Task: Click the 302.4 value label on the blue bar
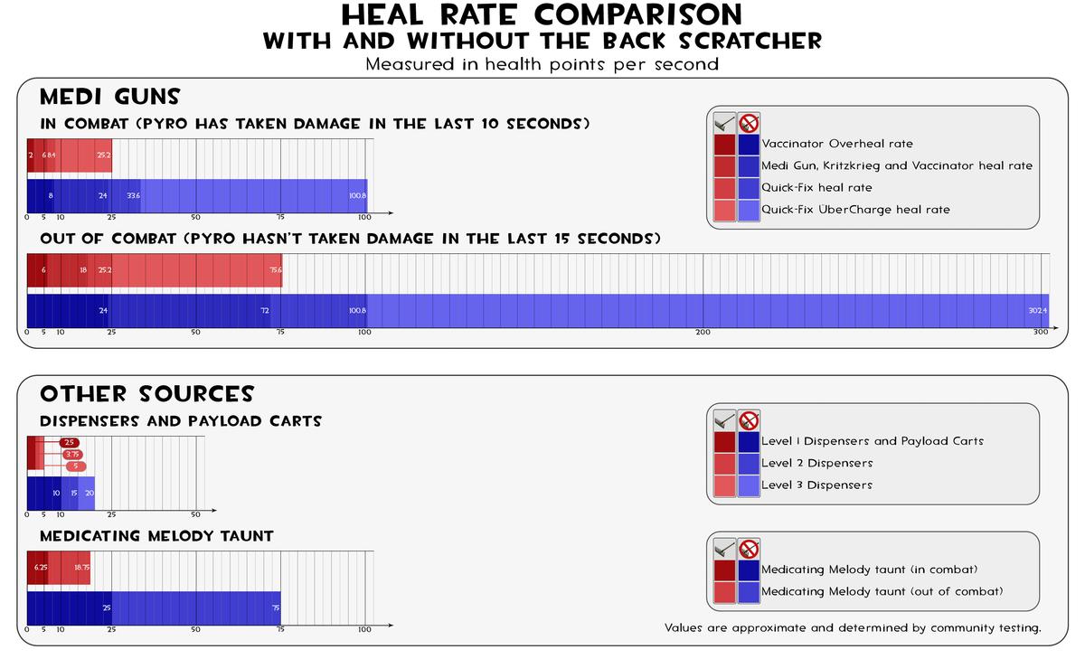(1037, 311)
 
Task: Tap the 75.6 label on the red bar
(276, 269)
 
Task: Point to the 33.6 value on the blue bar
(133, 195)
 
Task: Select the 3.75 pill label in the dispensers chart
(73, 454)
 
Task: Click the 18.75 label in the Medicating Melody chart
(81, 567)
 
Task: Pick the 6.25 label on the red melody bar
(41, 567)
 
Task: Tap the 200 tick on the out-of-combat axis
(703, 333)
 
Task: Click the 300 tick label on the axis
(1041, 333)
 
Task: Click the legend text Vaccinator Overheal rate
(837, 144)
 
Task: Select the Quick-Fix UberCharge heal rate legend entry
(855, 210)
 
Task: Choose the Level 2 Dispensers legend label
(816, 463)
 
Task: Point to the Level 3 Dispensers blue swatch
(749, 485)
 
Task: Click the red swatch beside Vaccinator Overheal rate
(724, 145)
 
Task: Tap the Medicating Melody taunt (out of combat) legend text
(882, 591)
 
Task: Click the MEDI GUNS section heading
(110, 97)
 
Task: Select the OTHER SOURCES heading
(146, 394)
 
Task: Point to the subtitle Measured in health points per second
(542, 64)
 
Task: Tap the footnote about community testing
(853, 627)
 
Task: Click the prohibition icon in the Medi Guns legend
(749, 123)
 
